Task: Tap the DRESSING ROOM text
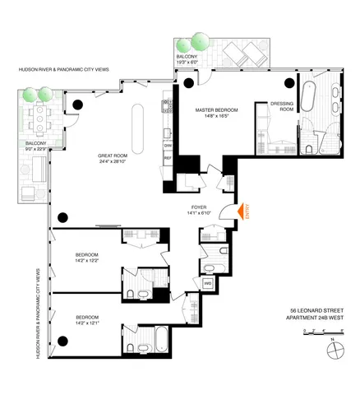282,106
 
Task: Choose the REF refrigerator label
168,157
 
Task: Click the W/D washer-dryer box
209,283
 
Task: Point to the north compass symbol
334,350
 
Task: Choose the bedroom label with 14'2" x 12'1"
87,320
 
